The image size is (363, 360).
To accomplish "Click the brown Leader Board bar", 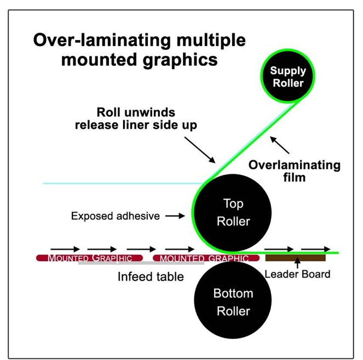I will (x=295, y=257).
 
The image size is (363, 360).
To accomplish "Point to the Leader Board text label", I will (x=297, y=273).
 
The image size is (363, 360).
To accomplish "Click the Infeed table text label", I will (x=151, y=277).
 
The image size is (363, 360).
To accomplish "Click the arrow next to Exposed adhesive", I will (x=175, y=216).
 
